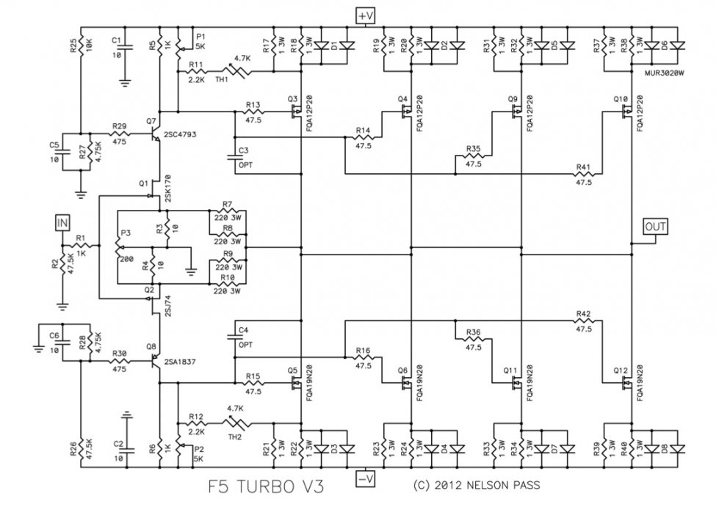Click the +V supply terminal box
(x=365, y=16)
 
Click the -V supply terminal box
(x=365, y=479)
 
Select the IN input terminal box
(x=62, y=223)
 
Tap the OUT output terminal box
(x=655, y=226)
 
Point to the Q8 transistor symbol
(x=156, y=361)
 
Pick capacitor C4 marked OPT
(x=234, y=338)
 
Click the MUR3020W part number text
(x=665, y=73)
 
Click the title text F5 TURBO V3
(x=267, y=486)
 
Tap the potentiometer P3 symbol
(x=117, y=248)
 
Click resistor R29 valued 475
(x=119, y=134)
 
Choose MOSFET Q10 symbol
(x=626, y=112)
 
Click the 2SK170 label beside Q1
(x=167, y=188)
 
